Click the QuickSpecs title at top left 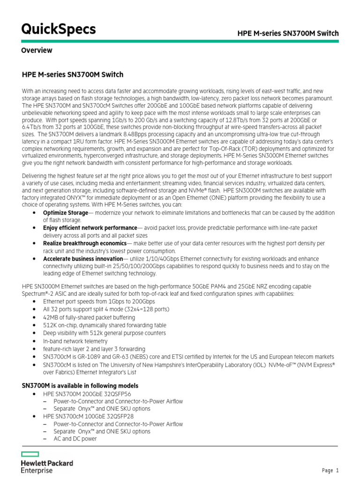click(x=59, y=29)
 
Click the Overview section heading click(x=37, y=50)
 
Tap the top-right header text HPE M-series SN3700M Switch click(x=288, y=33)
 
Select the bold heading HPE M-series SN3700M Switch click(x=73, y=75)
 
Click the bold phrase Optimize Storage click(x=65, y=213)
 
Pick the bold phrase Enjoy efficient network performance click(x=90, y=228)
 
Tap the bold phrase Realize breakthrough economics click(x=84, y=243)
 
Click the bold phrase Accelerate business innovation click(x=82, y=259)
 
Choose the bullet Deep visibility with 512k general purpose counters click(x=104, y=333)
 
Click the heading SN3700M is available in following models click(x=80, y=385)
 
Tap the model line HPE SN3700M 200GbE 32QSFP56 click(x=87, y=394)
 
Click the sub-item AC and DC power click(x=75, y=439)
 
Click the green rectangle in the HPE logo click(x=30, y=454)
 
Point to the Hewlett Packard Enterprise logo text click(x=47, y=466)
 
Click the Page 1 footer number click(x=330, y=471)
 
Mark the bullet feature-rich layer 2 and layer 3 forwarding click(x=100, y=349)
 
